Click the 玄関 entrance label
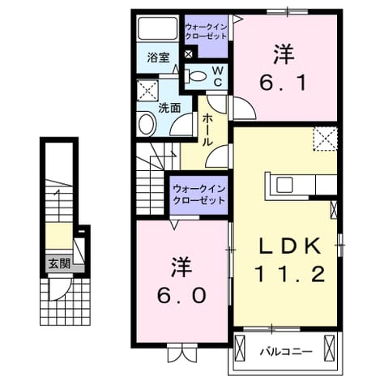(x=59, y=264)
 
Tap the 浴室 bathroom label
(x=158, y=58)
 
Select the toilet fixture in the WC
(x=195, y=76)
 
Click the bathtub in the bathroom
(x=158, y=28)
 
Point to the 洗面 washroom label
(x=169, y=108)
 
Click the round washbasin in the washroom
(x=147, y=124)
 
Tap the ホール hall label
(x=207, y=130)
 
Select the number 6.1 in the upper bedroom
(x=283, y=82)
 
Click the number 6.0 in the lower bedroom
(x=181, y=294)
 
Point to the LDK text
(x=290, y=246)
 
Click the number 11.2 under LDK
(x=289, y=273)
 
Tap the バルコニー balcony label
(x=286, y=352)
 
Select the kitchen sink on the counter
(x=284, y=185)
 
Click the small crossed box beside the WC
(x=188, y=54)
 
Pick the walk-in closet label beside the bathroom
(x=206, y=32)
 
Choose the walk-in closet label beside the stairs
(x=199, y=195)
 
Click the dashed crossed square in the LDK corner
(x=325, y=139)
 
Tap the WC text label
(x=218, y=76)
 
